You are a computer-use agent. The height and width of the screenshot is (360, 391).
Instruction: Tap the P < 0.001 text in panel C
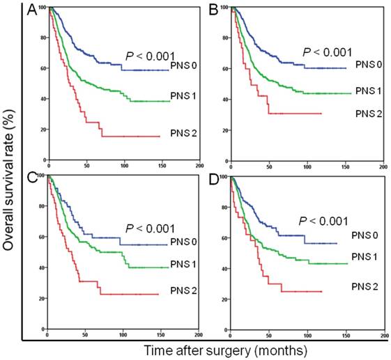coord(148,228)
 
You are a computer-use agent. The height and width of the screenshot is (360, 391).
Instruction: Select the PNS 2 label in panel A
coord(185,127)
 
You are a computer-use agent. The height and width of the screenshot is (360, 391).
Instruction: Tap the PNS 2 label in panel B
coord(365,114)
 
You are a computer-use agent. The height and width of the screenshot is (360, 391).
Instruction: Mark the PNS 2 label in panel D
coord(362,283)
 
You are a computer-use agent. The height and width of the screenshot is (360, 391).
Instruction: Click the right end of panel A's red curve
coord(160,136)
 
